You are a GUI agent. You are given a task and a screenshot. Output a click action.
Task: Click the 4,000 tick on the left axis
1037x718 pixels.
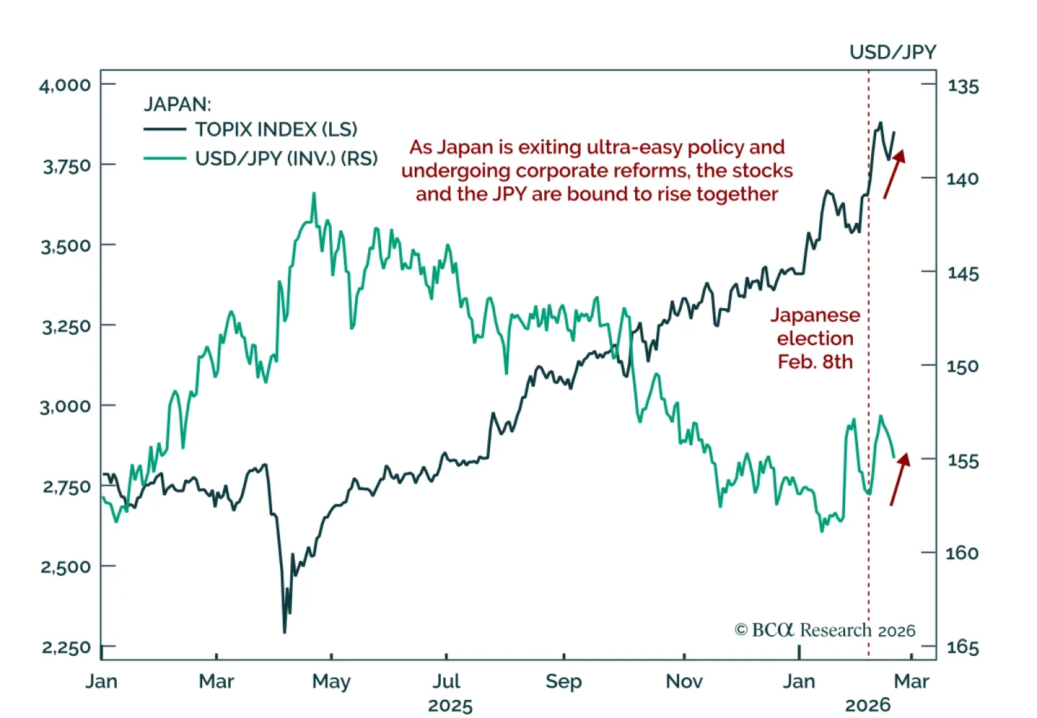65,85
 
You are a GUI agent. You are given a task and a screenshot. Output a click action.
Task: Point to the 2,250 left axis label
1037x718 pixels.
65,647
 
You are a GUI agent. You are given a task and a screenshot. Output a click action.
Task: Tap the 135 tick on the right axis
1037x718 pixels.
963,85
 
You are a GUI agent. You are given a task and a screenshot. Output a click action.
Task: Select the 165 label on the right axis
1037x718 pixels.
963,647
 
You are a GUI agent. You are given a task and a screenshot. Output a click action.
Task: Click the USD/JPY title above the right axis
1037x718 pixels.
892,52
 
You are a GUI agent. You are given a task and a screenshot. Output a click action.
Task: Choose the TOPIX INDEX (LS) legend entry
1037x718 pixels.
276,129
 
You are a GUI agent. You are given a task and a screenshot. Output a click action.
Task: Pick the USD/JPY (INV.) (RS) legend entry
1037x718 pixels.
286,158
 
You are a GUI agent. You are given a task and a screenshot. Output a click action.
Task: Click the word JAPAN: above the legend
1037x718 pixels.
177,104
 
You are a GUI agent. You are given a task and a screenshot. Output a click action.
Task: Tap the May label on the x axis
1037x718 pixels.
331,681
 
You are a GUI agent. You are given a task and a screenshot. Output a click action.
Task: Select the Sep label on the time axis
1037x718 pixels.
564,681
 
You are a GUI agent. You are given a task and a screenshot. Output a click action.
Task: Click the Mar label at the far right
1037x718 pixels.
911,681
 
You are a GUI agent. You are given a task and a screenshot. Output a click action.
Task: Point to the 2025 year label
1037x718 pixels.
450,705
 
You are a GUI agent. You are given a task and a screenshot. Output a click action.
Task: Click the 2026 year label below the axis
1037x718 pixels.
868,705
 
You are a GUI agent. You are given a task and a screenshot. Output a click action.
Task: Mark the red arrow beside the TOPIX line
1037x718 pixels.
894,174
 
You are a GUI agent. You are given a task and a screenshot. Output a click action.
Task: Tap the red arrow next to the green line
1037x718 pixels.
900,478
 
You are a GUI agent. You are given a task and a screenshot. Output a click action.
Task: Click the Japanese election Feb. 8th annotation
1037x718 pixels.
815,338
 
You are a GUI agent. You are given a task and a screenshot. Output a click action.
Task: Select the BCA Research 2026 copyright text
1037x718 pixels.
825,630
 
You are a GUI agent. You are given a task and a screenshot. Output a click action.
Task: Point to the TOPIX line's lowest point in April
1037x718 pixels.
285,631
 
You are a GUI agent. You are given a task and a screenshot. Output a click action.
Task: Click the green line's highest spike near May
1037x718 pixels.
314,194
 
